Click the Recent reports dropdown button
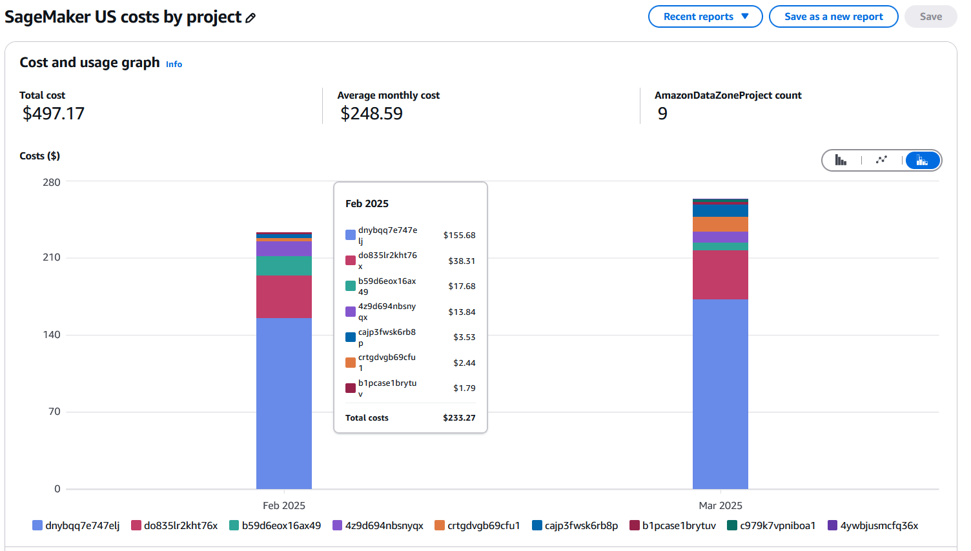705,17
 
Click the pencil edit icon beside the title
250,18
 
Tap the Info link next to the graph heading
174,64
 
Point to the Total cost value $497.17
54,114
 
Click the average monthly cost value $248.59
371,114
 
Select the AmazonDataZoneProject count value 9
662,114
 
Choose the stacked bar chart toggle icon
922,160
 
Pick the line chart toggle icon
881,160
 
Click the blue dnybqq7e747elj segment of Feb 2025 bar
284,403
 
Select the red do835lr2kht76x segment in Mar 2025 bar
720,274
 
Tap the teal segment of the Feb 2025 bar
284,266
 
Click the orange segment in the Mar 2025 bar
720,224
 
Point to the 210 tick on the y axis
52,257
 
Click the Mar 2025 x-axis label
720,505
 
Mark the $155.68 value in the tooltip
459,235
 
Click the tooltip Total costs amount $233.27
459,418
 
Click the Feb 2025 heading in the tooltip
367,204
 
